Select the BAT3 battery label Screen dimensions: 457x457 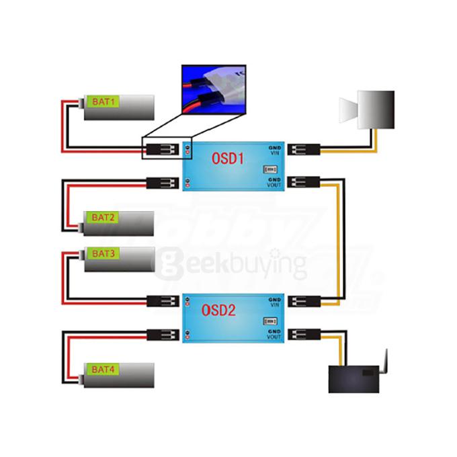[x=103, y=253]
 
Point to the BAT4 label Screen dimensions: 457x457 [x=103, y=370]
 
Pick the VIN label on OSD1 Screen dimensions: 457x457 [x=275, y=154]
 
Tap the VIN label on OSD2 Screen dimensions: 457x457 [x=274, y=304]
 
